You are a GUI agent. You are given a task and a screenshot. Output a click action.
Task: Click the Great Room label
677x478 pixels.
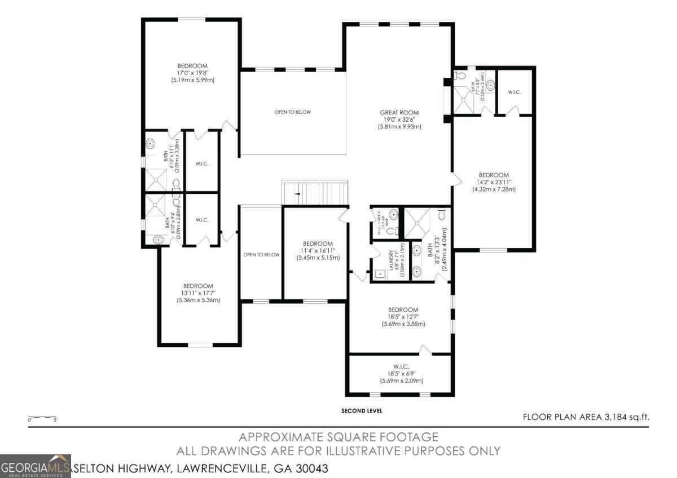pos(399,119)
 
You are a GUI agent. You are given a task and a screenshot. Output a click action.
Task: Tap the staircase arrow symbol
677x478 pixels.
pos(298,194)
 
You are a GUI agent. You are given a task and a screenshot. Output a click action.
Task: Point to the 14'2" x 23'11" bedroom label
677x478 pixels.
pos(494,182)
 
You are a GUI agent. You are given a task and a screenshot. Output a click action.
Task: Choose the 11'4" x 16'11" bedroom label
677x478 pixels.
pos(318,250)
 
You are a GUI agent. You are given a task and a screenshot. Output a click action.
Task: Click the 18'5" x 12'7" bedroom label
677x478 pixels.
pos(403,317)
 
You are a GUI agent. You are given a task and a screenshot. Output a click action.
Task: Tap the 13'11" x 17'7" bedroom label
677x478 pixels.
pos(198,293)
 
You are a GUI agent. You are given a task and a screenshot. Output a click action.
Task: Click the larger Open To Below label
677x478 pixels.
pos(292,112)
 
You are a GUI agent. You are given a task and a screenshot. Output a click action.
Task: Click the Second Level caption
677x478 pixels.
pos(362,411)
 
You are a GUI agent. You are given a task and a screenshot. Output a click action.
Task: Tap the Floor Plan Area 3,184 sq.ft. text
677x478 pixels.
pos(586,417)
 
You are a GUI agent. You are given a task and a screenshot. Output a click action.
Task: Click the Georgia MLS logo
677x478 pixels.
pos(36,466)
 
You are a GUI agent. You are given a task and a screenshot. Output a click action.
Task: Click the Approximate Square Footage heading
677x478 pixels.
pos(338,437)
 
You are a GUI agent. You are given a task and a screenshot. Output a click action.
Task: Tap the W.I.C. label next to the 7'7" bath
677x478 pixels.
pos(514,91)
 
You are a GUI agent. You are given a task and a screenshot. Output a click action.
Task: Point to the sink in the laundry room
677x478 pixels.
pos(380,275)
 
